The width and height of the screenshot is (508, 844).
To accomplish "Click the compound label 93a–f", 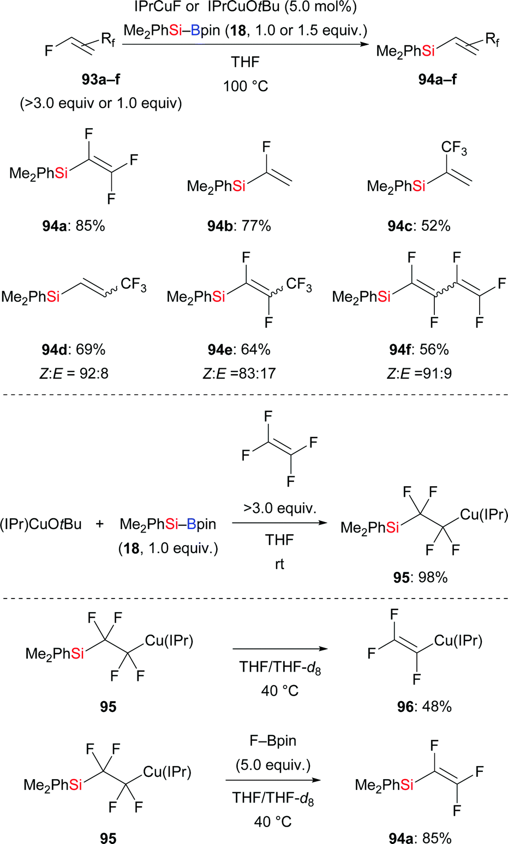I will tap(100, 79).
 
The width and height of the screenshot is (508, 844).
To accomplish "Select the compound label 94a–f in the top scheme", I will tap(437, 79).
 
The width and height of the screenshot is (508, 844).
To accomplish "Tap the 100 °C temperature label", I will tap(246, 86).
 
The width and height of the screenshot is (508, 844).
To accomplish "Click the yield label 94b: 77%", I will tap(239, 226).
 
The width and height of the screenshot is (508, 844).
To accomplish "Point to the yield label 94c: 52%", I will tap(419, 226).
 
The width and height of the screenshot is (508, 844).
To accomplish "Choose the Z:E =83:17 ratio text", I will tap(239, 373).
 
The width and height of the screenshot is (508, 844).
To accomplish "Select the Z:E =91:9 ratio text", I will tap(419, 373).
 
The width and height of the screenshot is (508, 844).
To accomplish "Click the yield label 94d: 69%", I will tap(74, 349).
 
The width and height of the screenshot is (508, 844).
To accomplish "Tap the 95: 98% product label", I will tap(420, 577).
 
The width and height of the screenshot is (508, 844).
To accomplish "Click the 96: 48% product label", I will tap(424, 707).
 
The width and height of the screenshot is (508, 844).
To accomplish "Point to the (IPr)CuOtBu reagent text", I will tap(41, 524).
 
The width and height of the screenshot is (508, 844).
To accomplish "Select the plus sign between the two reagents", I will tap(99, 524).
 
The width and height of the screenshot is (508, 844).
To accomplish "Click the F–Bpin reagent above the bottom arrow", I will tap(273, 741).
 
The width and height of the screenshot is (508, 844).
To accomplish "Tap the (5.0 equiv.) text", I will tap(273, 765).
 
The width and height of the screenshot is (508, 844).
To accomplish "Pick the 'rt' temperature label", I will tap(279, 564).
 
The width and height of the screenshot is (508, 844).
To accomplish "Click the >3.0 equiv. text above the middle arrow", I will tap(279, 508).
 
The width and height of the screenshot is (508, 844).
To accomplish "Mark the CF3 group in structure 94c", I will tap(454, 148).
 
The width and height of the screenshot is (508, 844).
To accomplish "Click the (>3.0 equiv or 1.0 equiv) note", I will tap(101, 103).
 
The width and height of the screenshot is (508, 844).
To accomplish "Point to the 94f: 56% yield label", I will tap(419, 349).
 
